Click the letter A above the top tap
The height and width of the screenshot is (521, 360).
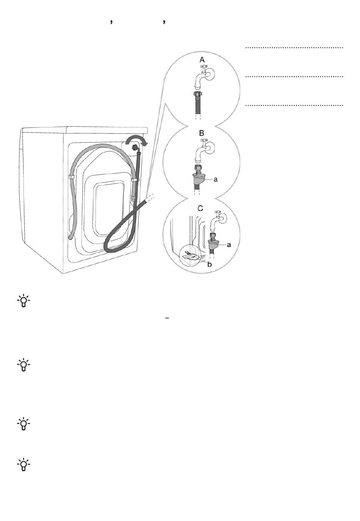pos(202,60)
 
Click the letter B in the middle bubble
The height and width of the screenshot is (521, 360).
pos(202,133)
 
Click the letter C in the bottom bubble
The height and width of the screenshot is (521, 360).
pos(200,209)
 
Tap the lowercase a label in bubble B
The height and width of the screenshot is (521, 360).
pos(216,179)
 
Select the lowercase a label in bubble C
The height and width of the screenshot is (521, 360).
pos(229,245)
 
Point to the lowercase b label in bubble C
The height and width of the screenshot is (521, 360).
pos(210,264)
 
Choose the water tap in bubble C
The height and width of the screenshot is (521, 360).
pos(218,220)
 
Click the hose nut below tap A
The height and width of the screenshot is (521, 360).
pos(197,95)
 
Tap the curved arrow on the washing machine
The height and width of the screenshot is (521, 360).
pos(136,140)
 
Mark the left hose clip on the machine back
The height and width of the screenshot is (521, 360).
pos(71,177)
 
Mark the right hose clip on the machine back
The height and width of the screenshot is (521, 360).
pos(134,179)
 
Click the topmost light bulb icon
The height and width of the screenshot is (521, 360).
pos(23,301)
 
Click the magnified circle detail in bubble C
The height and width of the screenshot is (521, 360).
pos(190,256)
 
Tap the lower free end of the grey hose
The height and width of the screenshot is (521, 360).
pos(70,238)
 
